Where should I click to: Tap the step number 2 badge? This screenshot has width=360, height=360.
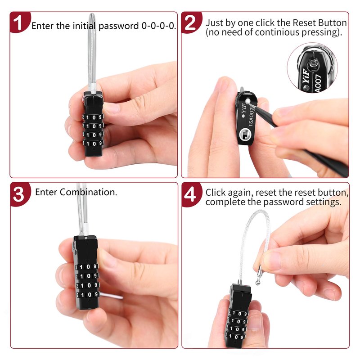191,22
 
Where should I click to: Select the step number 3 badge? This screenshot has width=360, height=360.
20,194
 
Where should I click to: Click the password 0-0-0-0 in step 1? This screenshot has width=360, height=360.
158,26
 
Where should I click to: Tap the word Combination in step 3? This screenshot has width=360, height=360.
88,192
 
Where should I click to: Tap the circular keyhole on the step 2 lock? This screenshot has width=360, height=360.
245,135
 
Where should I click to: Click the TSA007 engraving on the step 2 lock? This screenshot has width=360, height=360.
252,117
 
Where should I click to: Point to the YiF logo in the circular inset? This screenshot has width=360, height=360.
306,76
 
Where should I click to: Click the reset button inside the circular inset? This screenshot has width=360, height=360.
313,63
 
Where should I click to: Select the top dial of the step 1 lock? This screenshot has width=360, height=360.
93,117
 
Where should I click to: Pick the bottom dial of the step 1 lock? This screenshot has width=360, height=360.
93,144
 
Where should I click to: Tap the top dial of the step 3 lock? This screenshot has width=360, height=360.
87,267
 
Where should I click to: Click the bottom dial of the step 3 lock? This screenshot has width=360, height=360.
87,295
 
